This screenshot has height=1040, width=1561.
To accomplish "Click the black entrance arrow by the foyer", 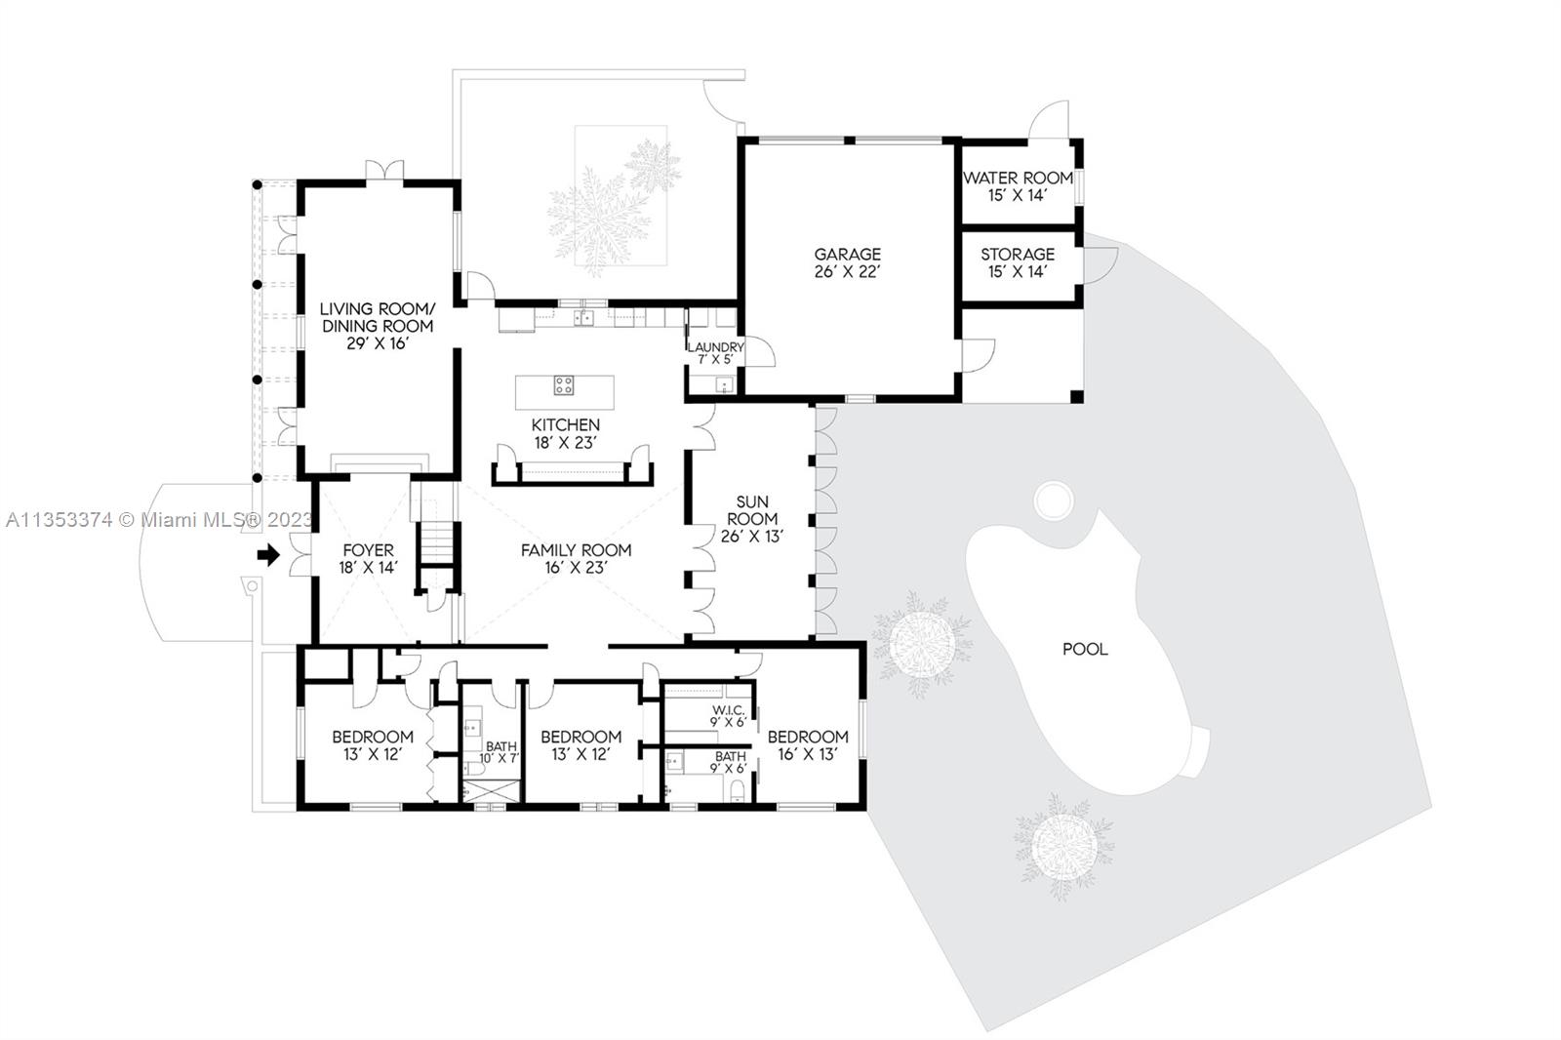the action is coord(268,555).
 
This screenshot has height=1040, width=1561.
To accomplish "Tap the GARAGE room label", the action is coord(848,255).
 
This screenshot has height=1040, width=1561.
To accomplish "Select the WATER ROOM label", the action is coord(1018,178).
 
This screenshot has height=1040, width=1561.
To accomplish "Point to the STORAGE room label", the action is coord(1018,255).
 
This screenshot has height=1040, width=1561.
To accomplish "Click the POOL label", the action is coord(1085,649).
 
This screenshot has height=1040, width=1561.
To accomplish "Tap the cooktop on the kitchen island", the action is coord(563,384).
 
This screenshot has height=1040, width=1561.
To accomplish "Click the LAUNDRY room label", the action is coord(716,346).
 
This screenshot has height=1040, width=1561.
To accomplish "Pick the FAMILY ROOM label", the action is coord(577,550).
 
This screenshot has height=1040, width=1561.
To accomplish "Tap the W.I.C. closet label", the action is coord(728,710).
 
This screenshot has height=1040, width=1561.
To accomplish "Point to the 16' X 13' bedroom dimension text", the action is coord(808,754).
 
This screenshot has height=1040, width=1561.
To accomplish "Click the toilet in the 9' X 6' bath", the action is coord(738,790).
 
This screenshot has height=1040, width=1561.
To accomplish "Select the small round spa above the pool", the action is coord(1053,500).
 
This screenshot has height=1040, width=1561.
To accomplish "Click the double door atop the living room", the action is coord(384,171).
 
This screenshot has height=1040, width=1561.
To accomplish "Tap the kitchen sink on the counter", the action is coord(583,318).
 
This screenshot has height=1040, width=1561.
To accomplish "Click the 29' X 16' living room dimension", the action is coord(377,343).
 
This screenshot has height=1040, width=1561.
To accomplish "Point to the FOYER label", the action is coord(368,550).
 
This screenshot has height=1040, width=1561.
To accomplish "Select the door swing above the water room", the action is coord(1049,119).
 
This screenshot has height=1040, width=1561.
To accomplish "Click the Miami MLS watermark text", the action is coord(160,520).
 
